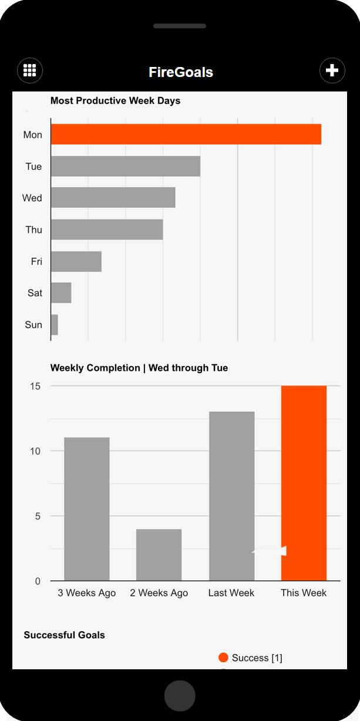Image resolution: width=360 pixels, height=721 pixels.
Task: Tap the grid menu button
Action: [x=30, y=71]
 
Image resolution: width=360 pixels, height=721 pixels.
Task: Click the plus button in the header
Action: [x=332, y=71]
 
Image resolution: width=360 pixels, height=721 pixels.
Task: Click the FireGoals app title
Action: [x=180, y=72]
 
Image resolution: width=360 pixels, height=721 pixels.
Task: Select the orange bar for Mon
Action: [x=186, y=134]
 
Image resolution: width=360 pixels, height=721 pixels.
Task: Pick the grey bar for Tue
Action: [x=125, y=166]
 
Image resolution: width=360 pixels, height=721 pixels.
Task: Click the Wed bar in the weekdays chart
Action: [x=113, y=197]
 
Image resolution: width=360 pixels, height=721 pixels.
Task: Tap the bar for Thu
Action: [x=106, y=229]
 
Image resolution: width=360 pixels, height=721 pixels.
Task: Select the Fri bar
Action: [x=76, y=261]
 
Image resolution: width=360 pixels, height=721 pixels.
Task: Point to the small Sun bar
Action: [x=54, y=324]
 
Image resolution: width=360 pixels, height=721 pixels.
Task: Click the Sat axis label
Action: [x=35, y=293]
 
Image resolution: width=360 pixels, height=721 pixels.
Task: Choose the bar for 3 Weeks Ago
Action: [x=86, y=509]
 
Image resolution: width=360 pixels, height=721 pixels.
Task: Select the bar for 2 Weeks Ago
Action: [x=159, y=555]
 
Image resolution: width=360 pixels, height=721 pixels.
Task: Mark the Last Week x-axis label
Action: [x=231, y=592]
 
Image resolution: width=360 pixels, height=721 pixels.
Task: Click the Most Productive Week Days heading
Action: [x=115, y=100]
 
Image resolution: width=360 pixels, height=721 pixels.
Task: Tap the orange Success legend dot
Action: [x=223, y=658]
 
